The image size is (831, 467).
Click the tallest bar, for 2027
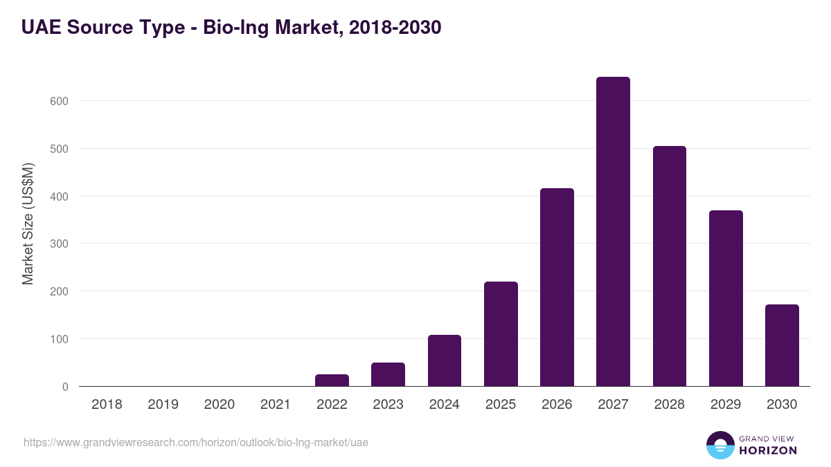[x=613, y=232]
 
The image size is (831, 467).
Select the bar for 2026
[x=557, y=287]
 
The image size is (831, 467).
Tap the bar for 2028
[x=669, y=266]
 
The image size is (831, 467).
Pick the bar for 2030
[x=782, y=345]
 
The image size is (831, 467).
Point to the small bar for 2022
[x=332, y=381]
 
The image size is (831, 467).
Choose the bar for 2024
[x=444, y=360]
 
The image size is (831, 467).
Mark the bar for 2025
[x=501, y=334]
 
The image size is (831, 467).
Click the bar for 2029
[x=726, y=298]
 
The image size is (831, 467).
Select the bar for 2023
[x=388, y=374]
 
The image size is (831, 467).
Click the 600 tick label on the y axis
[x=60, y=101]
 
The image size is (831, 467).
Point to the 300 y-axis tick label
[x=60, y=244]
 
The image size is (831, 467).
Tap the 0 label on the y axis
[x=65, y=387]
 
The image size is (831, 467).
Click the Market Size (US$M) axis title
[x=28, y=223]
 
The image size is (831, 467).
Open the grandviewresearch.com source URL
[x=196, y=442]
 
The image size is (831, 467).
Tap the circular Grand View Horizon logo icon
[x=720, y=445]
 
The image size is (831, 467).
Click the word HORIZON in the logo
[x=768, y=450]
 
